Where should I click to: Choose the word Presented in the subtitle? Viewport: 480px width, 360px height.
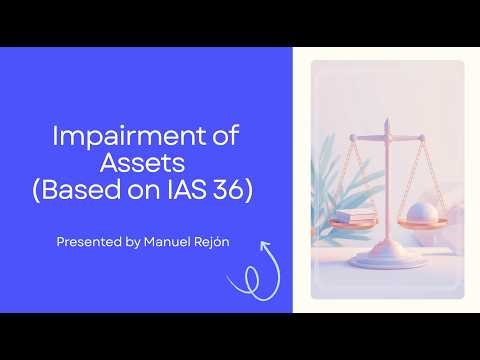point(87,241)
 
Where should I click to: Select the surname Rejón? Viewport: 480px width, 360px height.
point(213,241)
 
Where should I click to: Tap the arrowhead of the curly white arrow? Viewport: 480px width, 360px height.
point(266,246)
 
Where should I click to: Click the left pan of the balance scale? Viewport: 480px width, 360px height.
point(357,225)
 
